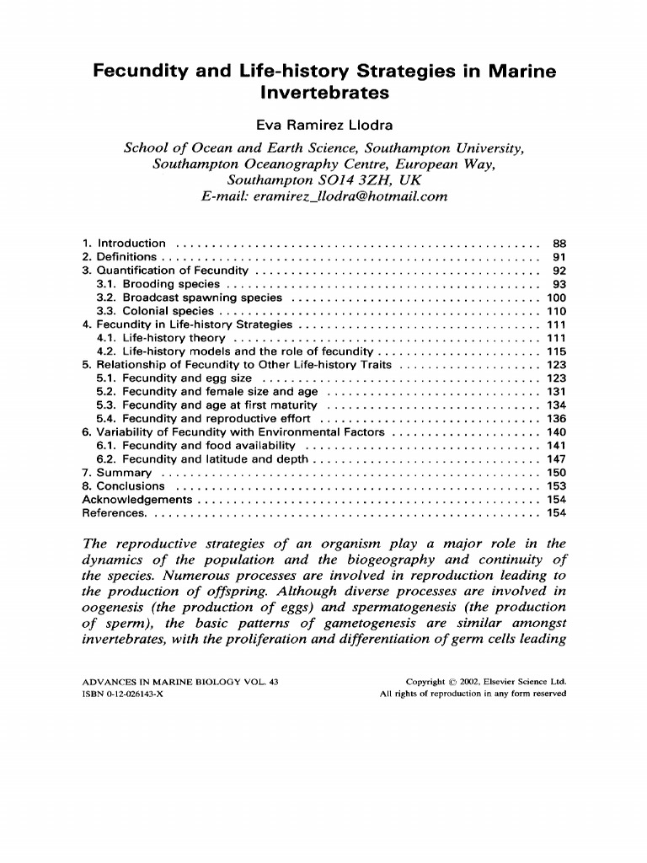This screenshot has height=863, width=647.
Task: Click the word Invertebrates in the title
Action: (323, 94)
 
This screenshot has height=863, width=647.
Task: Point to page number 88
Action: (558, 244)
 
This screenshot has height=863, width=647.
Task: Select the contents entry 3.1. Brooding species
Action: (159, 284)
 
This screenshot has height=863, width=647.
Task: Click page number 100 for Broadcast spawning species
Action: (555, 297)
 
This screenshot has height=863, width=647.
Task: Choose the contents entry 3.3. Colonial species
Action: (155, 311)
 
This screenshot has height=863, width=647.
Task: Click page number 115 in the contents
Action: (555, 351)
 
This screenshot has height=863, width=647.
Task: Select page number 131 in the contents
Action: (555, 392)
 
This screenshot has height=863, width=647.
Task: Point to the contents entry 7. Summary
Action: (117, 473)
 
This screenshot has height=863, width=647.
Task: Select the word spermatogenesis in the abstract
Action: (428, 608)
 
